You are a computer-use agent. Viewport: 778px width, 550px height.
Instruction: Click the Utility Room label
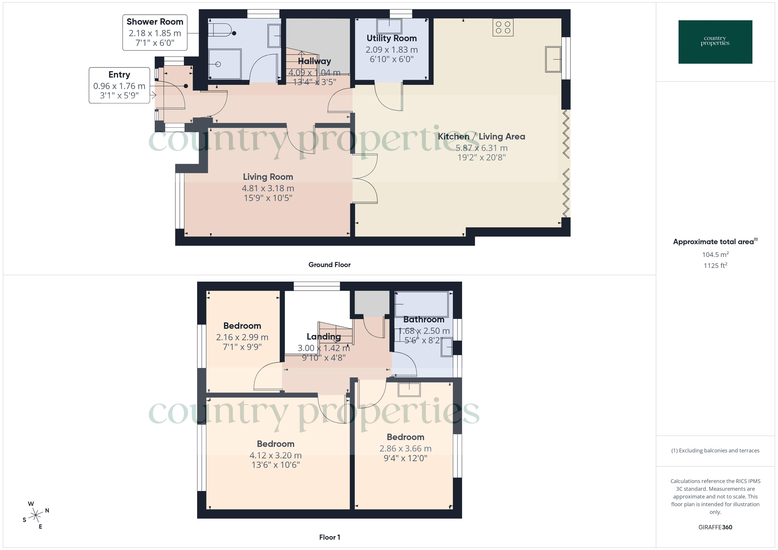(391, 38)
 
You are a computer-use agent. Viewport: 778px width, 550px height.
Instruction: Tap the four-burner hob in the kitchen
(503, 27)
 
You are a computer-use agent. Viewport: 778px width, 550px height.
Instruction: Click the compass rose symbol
(36, 515)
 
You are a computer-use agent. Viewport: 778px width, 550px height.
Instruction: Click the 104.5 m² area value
(715, 254)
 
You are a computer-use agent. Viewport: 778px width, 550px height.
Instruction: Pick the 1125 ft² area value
(715, 266)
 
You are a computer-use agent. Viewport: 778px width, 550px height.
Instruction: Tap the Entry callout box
(119, 85)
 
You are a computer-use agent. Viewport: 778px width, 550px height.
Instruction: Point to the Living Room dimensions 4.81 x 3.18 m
(268, 188)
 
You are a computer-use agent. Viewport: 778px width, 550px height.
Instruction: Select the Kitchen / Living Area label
(481, 136)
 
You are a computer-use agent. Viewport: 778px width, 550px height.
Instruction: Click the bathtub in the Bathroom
(422, 304)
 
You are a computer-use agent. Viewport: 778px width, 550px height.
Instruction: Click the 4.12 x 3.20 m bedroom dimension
(275, 455)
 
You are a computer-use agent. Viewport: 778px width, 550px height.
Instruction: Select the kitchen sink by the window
(553, 59)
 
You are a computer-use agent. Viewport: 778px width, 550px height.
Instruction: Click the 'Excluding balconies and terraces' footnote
(715, 450)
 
